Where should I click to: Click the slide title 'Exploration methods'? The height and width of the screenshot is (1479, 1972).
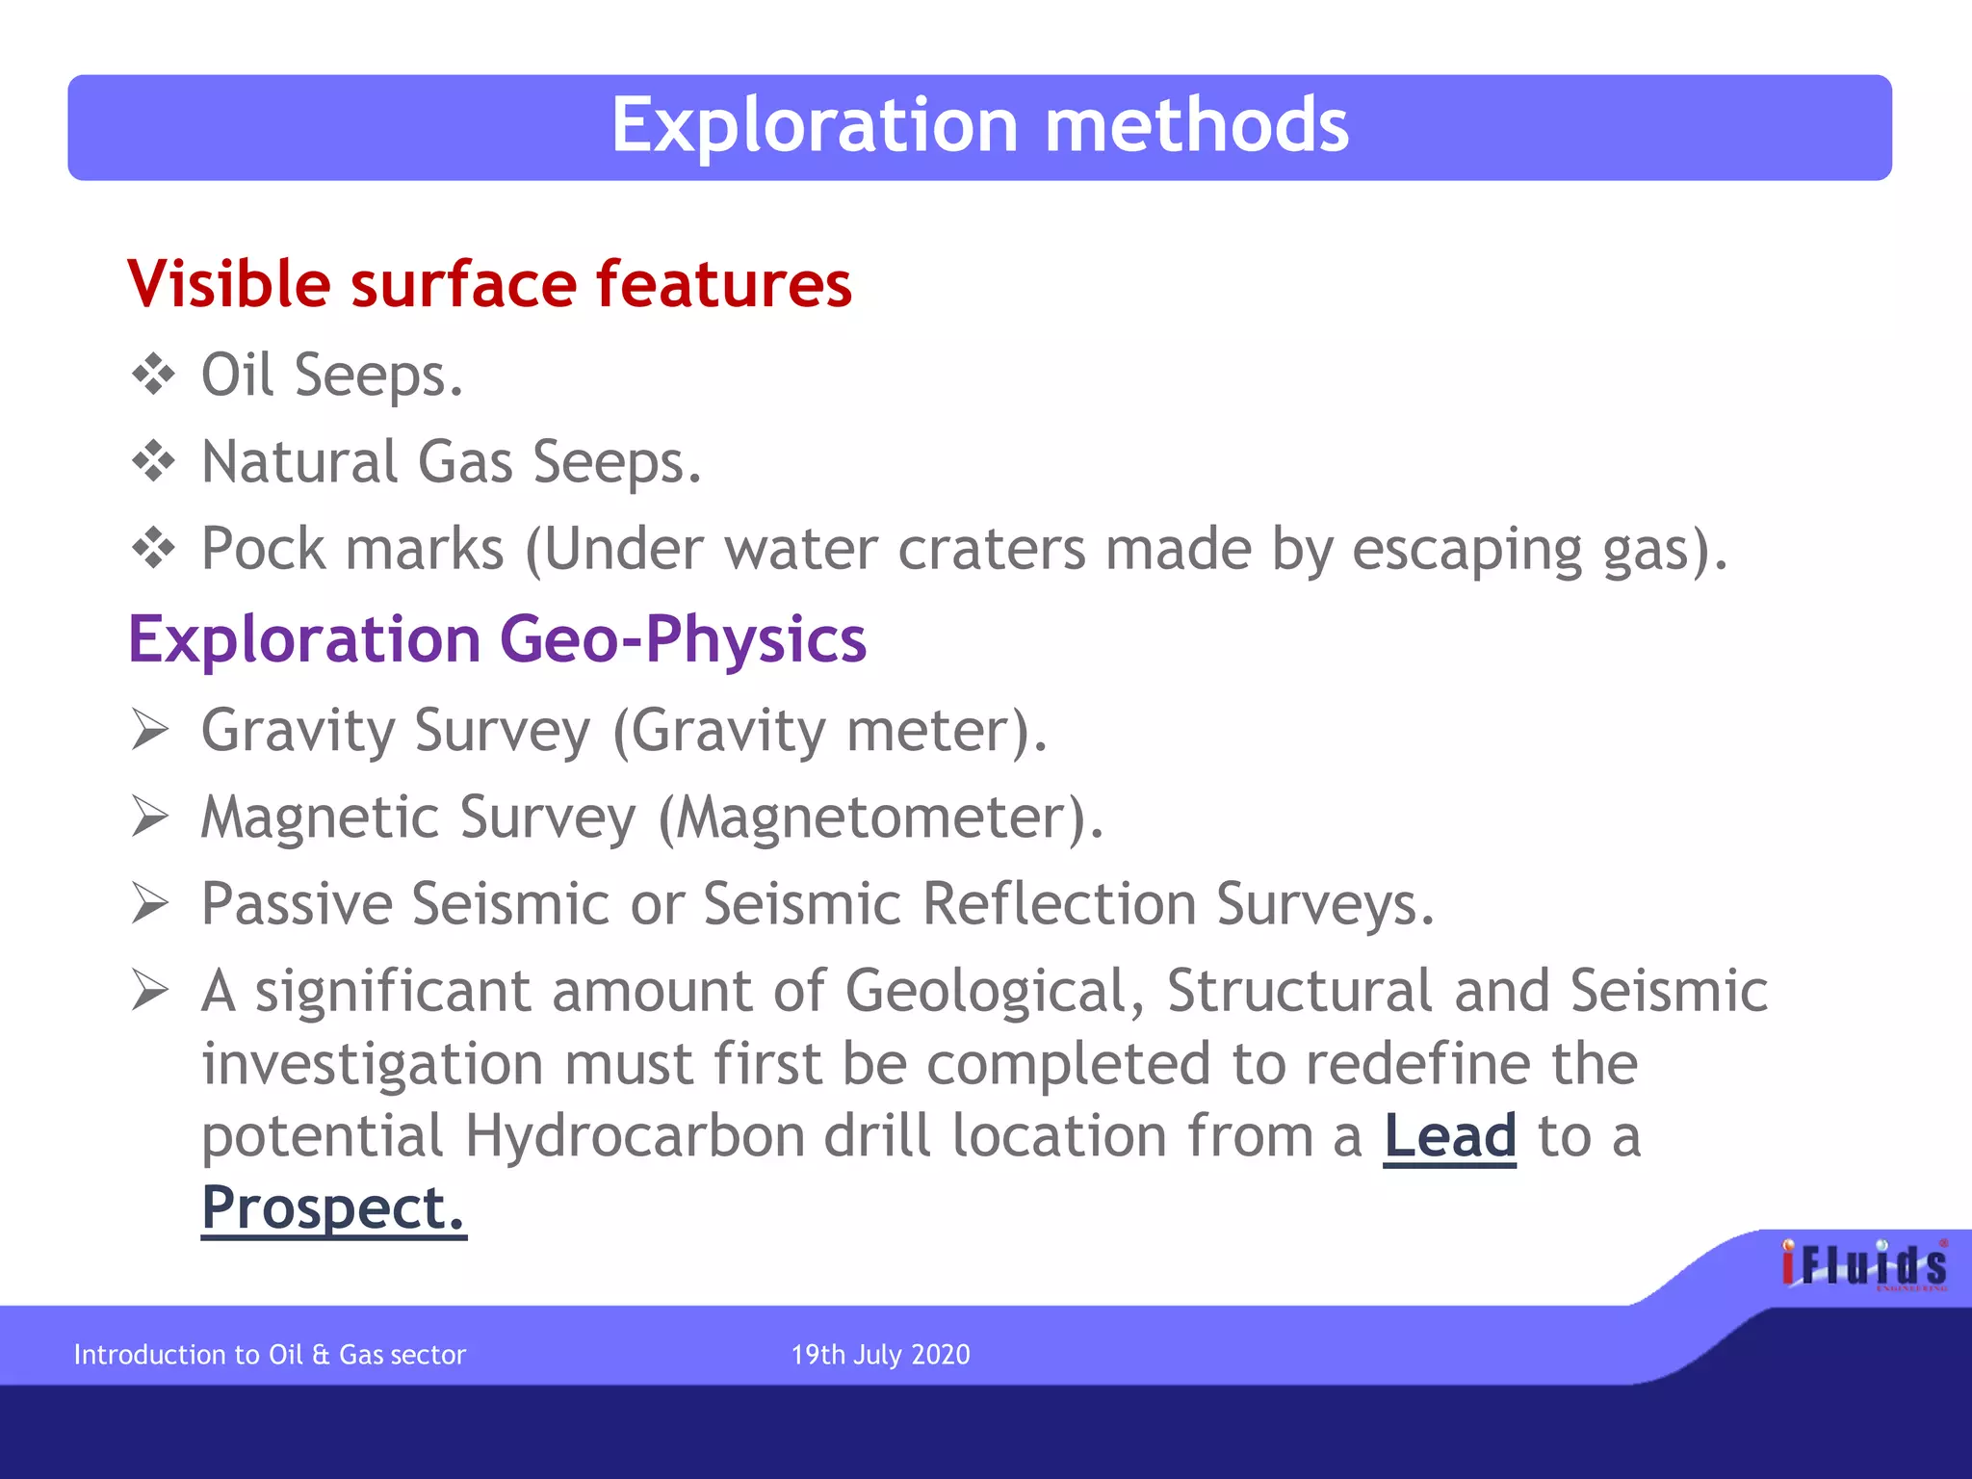979,126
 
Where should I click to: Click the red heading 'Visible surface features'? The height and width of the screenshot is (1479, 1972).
489,285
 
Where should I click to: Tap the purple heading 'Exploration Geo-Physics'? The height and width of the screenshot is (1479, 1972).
497,640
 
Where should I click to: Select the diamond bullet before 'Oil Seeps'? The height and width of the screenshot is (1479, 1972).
153,375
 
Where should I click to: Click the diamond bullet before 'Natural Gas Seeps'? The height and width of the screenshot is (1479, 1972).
153,461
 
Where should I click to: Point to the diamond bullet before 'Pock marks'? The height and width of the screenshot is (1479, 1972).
153,549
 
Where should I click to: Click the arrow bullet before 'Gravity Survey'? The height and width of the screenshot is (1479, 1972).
150,730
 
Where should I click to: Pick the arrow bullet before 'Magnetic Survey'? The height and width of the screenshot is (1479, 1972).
150,817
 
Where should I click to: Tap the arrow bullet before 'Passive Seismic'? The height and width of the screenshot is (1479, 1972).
150,903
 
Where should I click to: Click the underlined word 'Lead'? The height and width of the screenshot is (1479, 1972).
1449,1136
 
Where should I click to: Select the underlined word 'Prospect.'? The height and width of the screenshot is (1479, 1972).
333,1208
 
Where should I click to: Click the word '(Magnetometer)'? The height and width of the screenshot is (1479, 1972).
880,817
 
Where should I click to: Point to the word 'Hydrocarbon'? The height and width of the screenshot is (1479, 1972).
634,1136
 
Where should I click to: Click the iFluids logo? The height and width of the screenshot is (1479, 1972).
1863,1265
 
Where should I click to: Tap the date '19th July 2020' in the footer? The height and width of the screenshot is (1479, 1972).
880,1355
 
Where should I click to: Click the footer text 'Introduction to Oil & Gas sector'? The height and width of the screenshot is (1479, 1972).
270,1355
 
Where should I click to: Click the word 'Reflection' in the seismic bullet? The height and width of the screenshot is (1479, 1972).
1058,904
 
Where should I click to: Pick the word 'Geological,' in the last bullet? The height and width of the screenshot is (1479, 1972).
995,992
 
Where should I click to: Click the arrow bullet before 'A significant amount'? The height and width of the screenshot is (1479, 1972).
150,990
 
